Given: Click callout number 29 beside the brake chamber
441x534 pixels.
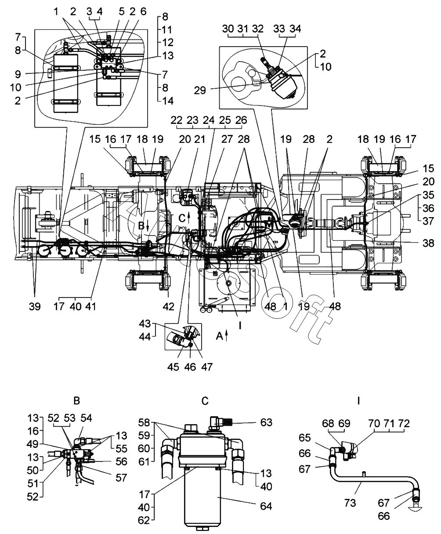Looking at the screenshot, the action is pyautogui.click(x=200, y=90).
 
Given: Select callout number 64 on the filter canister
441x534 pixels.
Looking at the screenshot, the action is pyautogui.click(x=266, y=506).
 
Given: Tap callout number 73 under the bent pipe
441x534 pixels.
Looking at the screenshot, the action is pyautogui.click(x=350, y=503).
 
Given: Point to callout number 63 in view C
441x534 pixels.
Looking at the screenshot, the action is pyautogui.click(x=266, y=422).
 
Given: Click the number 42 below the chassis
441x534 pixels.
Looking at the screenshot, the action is pyautogui.click(x=169, y=306).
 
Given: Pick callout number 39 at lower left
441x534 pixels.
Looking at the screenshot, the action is pyautogui.click(x=35, y=306).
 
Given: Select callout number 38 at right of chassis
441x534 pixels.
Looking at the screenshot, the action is pyautogui.click(x=428, y=243).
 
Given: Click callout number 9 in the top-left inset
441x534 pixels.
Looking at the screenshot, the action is pyautogui.click(x=18, y=74).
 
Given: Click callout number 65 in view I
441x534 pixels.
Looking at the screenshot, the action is pyautogui.click(x=304, y=438).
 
